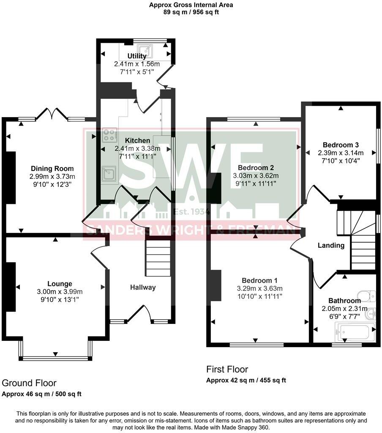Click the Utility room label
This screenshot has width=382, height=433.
click(136, 56)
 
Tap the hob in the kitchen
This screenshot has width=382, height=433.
click(109, 135)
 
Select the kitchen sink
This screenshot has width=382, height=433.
click(109, 175)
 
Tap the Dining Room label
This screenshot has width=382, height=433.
click(52, 168)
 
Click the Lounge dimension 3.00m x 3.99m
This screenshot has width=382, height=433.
click(60, 292)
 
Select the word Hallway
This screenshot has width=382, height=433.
click(143, 288)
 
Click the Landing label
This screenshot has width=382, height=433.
click(331, 246)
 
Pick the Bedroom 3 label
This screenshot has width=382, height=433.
click(341, 145)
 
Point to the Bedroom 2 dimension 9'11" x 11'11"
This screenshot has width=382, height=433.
click(256, 184)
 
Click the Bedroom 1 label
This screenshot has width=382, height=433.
click(259, 281)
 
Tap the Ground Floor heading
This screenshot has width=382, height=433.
click(29, 383)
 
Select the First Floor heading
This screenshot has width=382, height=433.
click(227, 369)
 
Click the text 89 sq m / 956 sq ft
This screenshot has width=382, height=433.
click(191, 12)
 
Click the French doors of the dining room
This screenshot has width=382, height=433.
click(52, 114)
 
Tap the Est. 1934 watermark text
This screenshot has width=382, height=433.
click(192, 212)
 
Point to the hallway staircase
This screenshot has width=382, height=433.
click(158, 258)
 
